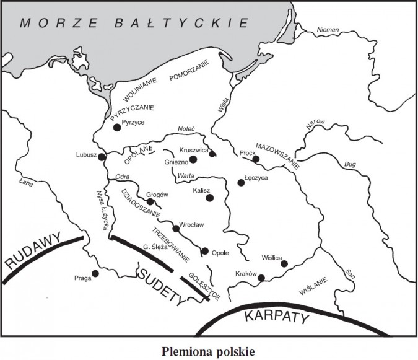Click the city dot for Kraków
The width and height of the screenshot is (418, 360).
tap(261, 278)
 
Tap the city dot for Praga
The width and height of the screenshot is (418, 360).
tap(95, 273)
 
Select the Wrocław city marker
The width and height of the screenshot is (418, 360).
tap(176, 229)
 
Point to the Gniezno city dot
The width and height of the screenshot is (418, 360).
tap(193, 159)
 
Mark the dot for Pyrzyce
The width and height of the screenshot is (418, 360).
tap(116, 128)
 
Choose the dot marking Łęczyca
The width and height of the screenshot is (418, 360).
tap(242, 182)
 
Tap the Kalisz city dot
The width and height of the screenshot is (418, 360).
tap(210, 198)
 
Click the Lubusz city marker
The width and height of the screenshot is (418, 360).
tap(102, 157)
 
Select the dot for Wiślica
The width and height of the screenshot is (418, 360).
tap(284, 264)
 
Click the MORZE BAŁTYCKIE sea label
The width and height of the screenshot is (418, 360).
tap(134, 24)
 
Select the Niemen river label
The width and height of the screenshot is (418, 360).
tap(328, 30)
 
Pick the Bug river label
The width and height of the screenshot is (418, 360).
tap(347, 165)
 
